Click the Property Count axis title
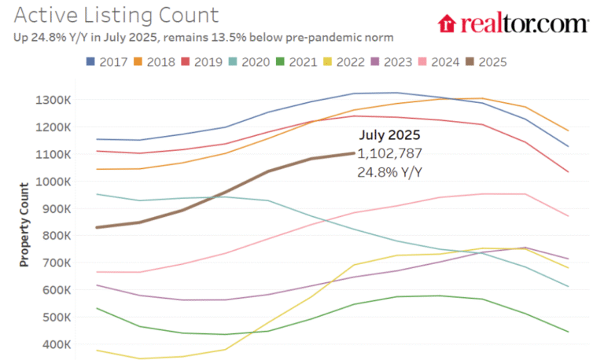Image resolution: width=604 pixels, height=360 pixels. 24,225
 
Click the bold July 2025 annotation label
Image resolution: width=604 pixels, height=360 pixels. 390,135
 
